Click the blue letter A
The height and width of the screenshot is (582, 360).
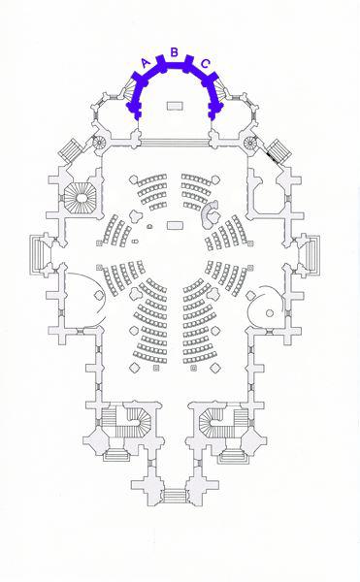point(147,63)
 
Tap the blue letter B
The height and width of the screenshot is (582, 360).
point(174,52)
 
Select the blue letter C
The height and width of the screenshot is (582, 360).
point(206,64)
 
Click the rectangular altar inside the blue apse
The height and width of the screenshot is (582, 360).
point(175,106)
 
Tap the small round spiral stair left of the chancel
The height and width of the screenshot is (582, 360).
point(100,142)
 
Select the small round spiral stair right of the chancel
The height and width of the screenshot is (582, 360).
point(251,142)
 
